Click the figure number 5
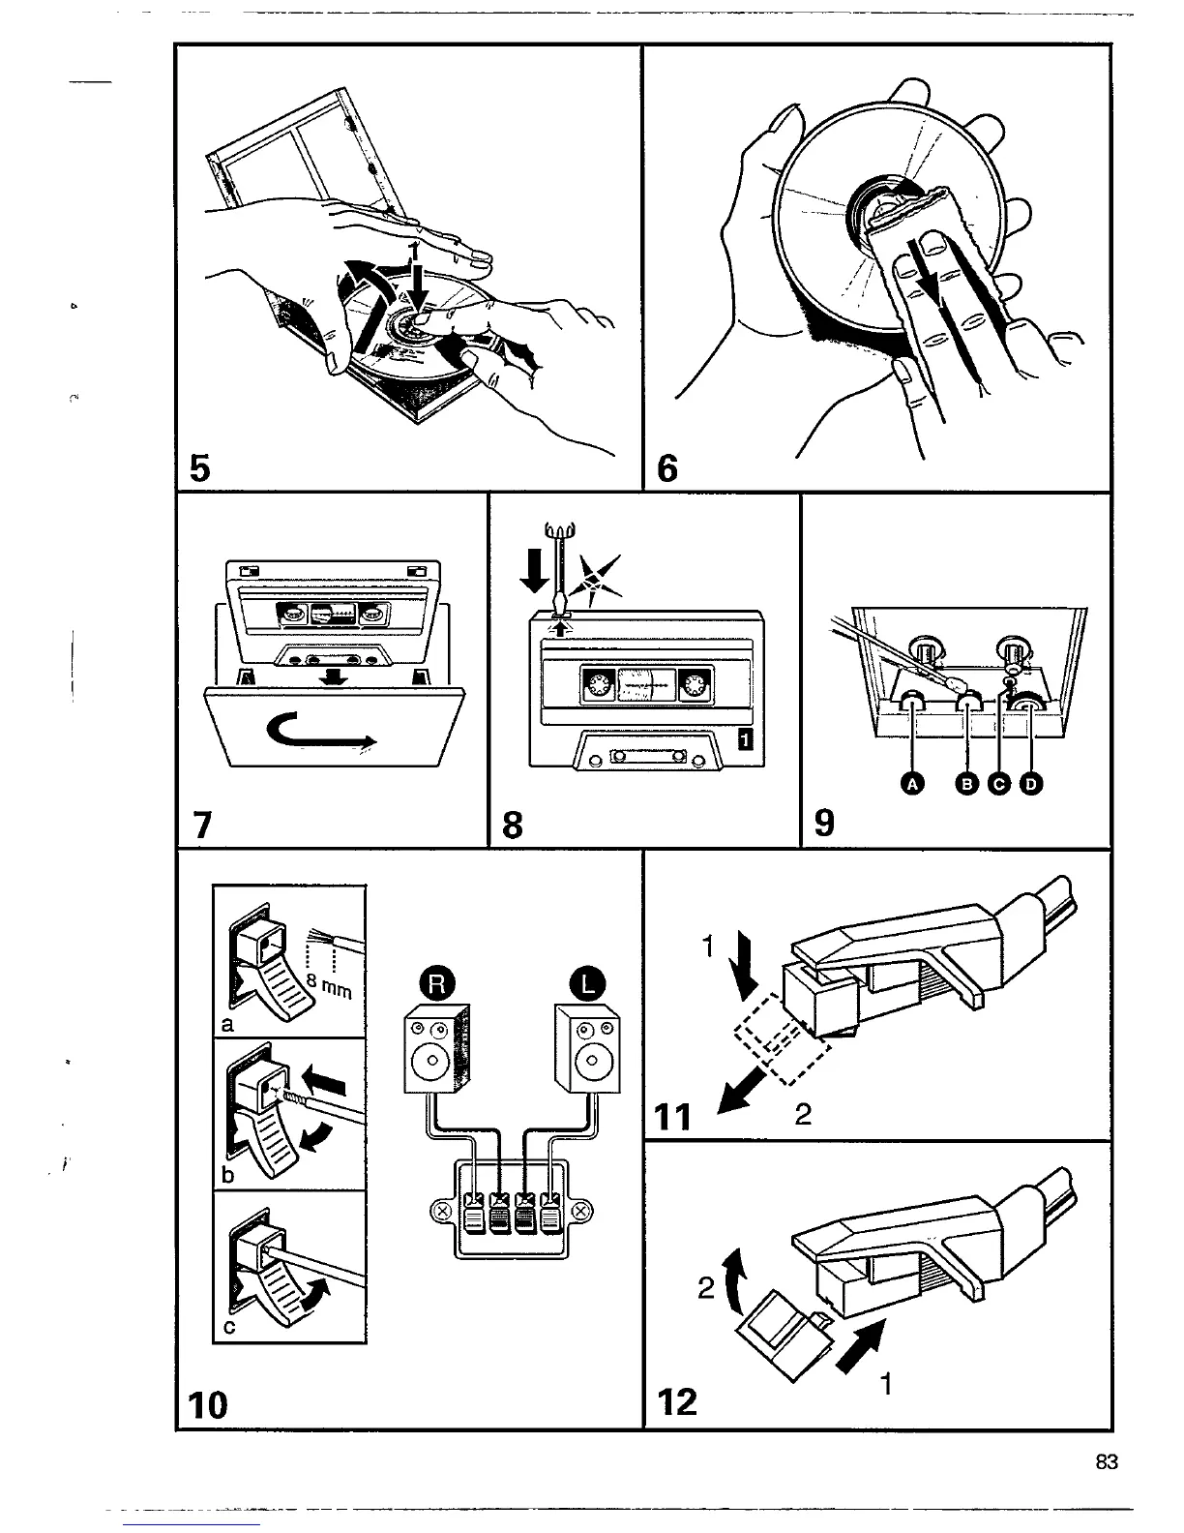(199, 467)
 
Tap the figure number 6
(666, 468)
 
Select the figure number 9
(824, 823)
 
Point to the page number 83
(1107, 1462)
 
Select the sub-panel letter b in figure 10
(226, 1177)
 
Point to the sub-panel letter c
(227, 1328)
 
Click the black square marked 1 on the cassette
(745, 740)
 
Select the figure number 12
(677, 1400)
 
